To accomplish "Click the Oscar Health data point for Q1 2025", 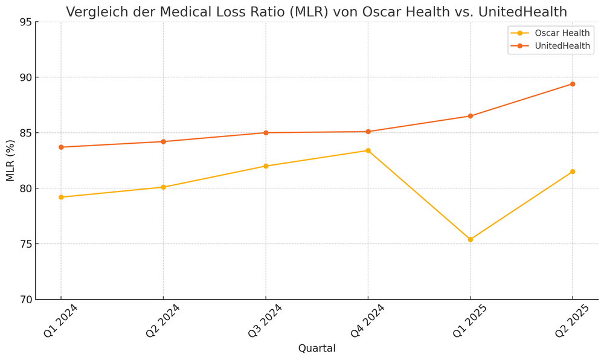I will [471, 240].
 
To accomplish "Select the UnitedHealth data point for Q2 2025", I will [573, 84].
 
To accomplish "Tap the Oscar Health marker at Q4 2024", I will [368, 150].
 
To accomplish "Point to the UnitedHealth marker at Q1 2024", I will [61, 147].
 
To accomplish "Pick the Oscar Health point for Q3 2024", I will [266, 166].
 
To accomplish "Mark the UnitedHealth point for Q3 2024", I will [266, 133].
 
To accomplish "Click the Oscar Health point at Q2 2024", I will [163, 187].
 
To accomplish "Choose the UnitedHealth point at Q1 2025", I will [471, 116].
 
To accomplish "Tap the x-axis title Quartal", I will [316, 349].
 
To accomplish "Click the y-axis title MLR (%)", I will [11, 161].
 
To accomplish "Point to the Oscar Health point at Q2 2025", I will [573, 172].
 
